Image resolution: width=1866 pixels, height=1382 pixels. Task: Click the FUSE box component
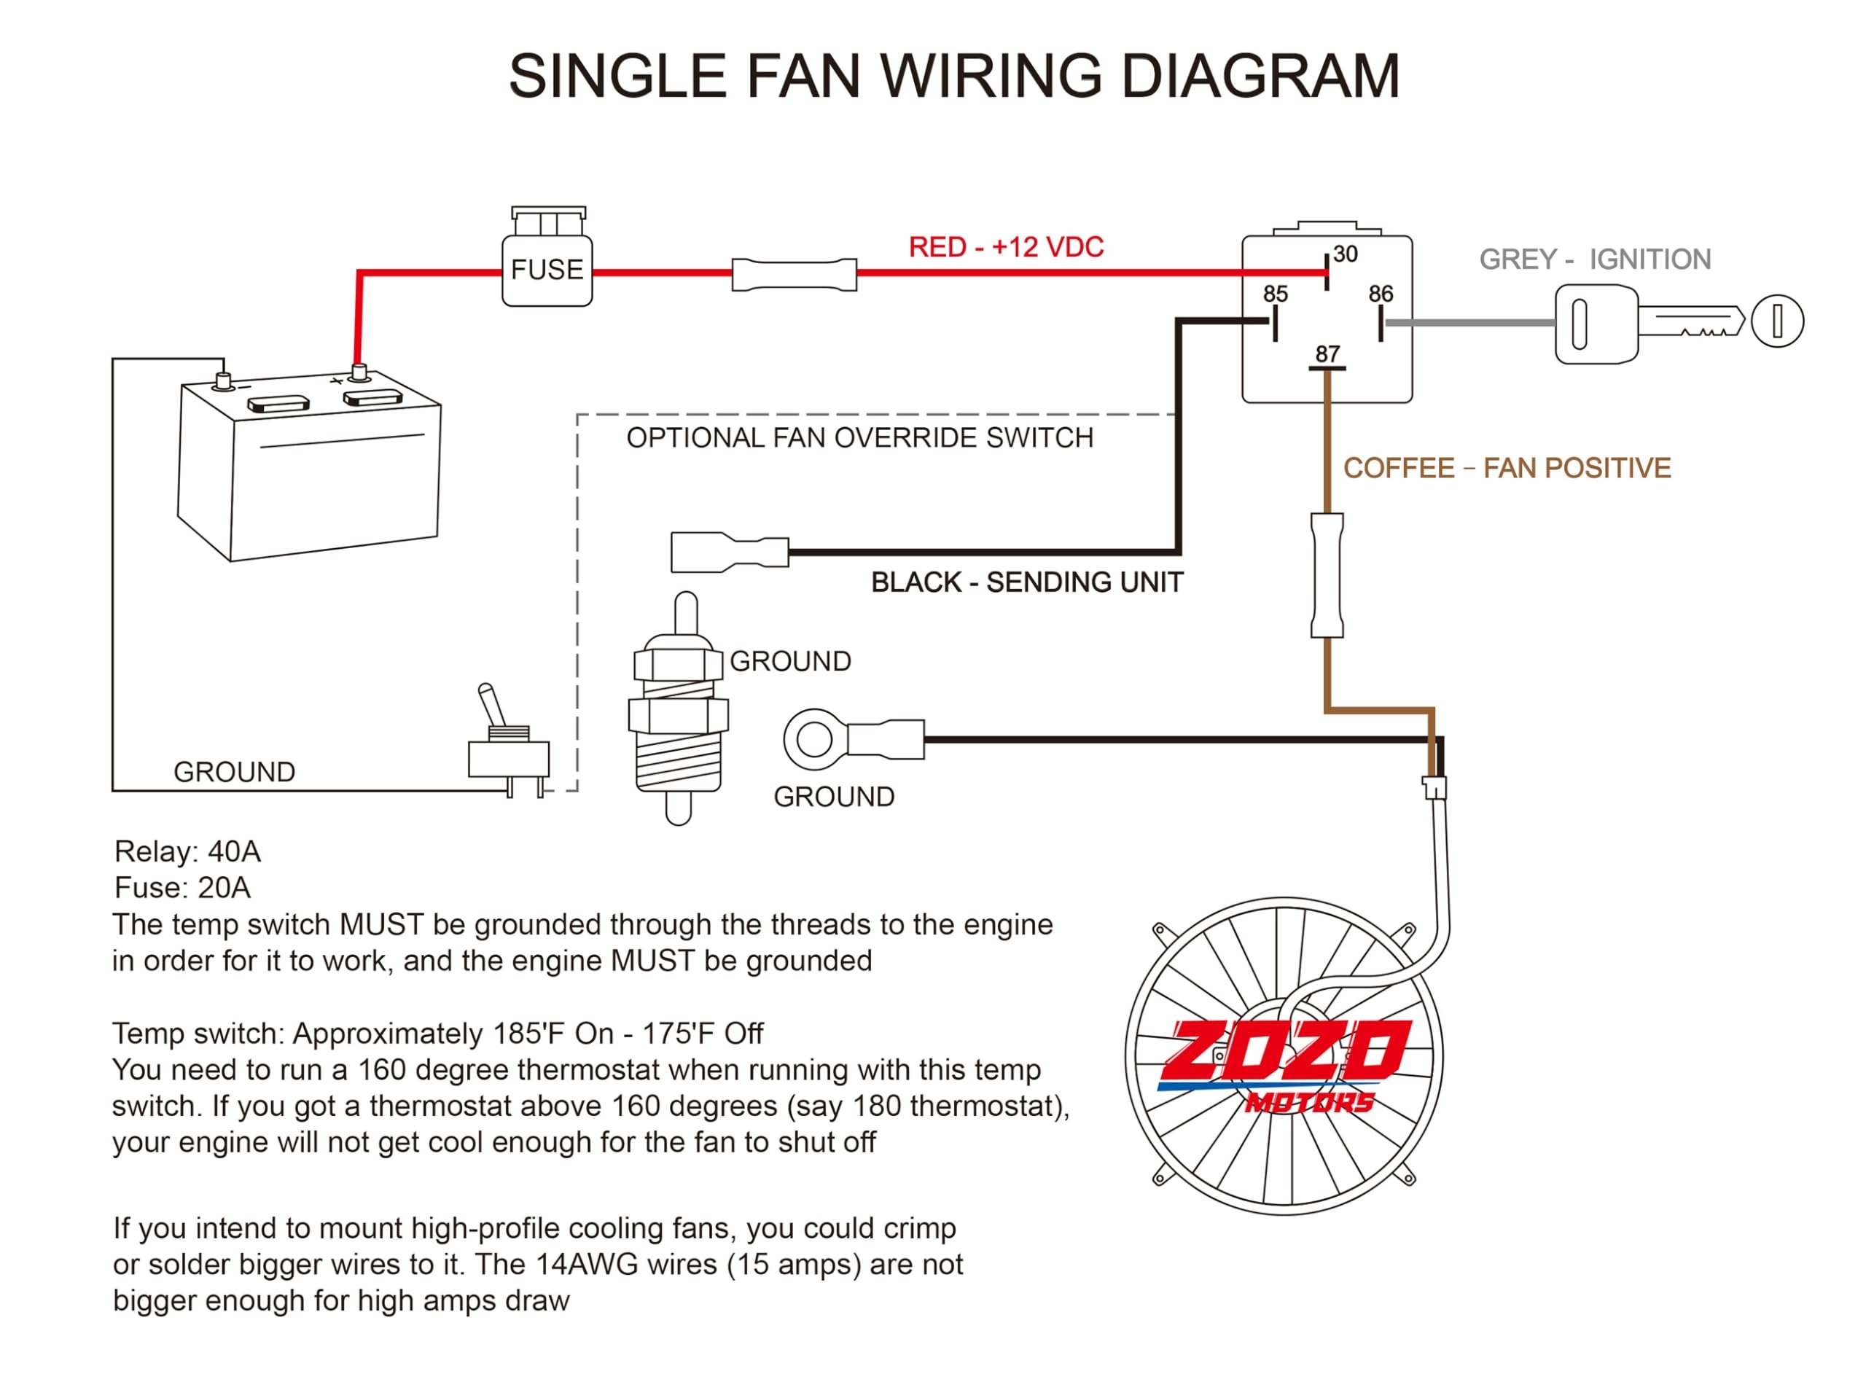pyautogui.click(x=547, y=270)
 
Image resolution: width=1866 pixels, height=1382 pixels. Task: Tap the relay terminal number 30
pyautogui.click(x=1345, y=254)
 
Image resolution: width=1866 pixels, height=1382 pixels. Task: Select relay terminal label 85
pyautogui.click(x=1275, y=294)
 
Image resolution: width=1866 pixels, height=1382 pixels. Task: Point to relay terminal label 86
pyautogui.click(x=1380, y=294)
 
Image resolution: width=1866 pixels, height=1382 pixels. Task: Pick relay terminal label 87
pyautogui.click(x=1327, y=354)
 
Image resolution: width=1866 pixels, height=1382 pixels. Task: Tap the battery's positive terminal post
pyautogui.click(x=359, y=372)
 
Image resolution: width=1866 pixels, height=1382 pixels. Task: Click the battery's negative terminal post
pyautogui.click(x=223, y=380)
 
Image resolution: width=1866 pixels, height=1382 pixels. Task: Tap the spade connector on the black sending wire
pyautogui.click(x=728, y=552)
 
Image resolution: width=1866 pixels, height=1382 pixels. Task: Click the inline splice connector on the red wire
pyautogui.click(x=794, y=274)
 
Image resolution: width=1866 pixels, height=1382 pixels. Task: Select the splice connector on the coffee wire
pyautogui.click(x=1327, y=576)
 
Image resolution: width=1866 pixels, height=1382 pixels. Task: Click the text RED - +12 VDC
pyautogui.click(x=1005, y=247)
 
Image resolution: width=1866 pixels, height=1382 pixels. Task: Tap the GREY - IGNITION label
pyautogui.click(x=1594, y=259)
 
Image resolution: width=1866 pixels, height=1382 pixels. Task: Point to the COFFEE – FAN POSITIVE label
pyautogui.click(x=1507, y=468)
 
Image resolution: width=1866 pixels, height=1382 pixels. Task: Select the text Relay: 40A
pyautogui.click(x=187, y=851)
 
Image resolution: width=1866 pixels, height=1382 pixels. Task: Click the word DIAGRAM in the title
pyautogui.click(x=1260, y=76)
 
